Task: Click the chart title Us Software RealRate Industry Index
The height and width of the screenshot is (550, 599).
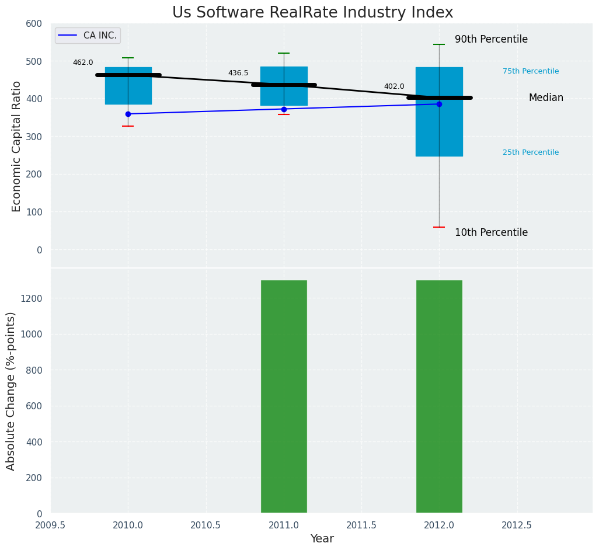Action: click(312, 13)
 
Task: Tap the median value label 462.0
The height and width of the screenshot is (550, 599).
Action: click(83, 62)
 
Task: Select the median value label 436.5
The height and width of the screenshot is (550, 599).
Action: click(238, 73)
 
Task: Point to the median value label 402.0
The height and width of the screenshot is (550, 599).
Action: click(394, 86)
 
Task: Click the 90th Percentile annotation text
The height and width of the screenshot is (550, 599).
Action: click(491, 40)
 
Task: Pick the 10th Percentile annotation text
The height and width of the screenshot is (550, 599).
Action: click(491, 232)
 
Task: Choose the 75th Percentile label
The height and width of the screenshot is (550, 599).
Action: click(531, 71)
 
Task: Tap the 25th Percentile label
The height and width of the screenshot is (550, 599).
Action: click(531, 152)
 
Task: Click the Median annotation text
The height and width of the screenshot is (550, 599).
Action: click(546, 98)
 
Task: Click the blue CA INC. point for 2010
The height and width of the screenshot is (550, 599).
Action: click(128, 114)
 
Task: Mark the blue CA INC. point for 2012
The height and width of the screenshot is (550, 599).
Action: click(439, 104)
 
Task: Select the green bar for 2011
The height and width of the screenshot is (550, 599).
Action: click(284, 397)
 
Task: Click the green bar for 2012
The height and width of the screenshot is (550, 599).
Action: click(439, 397)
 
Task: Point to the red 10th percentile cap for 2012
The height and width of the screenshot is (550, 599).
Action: click(439, 227)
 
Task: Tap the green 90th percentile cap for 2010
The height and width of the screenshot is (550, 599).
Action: click(128, 58)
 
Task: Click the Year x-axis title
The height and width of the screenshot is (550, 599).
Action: click(322, 539)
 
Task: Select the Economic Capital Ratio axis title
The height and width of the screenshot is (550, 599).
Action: click(16, 146)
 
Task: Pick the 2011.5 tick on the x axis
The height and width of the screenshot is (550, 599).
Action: click(361, 525)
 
